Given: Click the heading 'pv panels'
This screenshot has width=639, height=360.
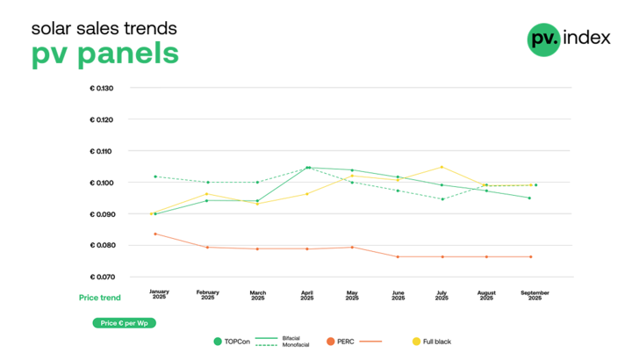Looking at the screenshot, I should pyautogui.click(x=104, y=53).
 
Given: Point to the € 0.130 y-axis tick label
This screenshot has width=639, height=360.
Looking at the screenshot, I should pyautogui.click(x=108, y=88).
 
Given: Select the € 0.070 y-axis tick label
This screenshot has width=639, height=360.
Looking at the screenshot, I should pyautogui.click(x=108, y=277).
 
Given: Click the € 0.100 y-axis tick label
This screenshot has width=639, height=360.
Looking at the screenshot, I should pyautogui.click(x=108, y=183).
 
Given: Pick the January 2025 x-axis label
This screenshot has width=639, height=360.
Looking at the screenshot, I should pyautogui.click(x=159, y=295).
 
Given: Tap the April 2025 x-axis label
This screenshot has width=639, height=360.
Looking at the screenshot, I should pyautogui.click(x=307, y=295).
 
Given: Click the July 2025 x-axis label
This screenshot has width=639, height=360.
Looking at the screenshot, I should pyautogui.click(x=442, y=295).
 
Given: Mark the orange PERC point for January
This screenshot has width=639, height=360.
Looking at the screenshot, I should pyautogui.click(x=155, y=234).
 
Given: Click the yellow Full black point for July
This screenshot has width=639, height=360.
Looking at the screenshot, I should pyautogui.click(x=442, y=167).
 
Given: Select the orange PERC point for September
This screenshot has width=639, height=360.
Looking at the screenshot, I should pyautogui.click(x=531, y=256).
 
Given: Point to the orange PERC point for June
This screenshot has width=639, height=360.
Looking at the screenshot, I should pyautogui.click(x=398, y=256).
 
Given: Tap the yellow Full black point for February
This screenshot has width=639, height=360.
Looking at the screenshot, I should pyautogui.click(x=206, y=194).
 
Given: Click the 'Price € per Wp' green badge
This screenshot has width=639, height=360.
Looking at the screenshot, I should pyautogui.click(x=123, y=323).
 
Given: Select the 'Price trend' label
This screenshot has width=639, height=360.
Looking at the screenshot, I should pyautogui.click(x=99, y=298).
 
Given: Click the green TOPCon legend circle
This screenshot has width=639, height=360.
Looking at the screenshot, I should pyautogui.click(x=218, y=341).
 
